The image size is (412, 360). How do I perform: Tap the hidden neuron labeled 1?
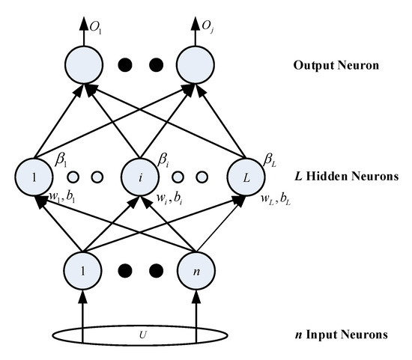tap(32, 177)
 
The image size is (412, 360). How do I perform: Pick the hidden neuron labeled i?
tap(139, 177)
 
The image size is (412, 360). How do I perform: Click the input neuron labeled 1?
tap(82, 269)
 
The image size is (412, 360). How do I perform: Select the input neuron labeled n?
tap(196, 269)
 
